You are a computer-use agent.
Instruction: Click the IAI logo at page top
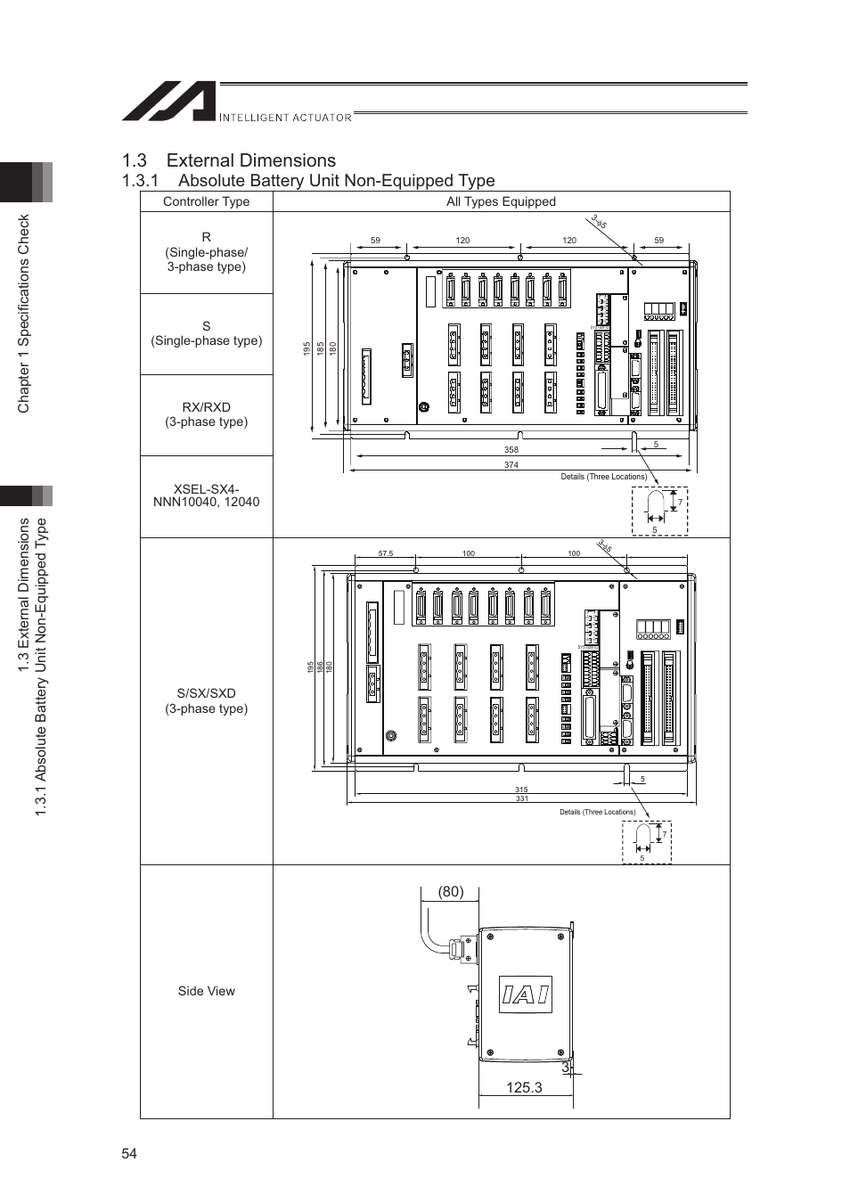coord(168,102)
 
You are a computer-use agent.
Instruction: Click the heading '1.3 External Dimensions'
coord(229,160)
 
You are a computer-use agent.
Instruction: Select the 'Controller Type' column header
coord(206,201)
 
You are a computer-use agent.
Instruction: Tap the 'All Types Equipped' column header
coord(501,201)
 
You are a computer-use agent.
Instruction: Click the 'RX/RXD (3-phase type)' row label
coord(206,414)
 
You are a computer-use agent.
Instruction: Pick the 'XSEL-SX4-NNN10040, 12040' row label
coord(206,495)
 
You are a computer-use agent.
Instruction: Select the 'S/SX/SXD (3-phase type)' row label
coord(206,700)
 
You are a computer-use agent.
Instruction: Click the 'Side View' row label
coord(206,991)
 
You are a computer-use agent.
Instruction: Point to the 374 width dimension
coord(511,465)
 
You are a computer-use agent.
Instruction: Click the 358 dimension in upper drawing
coord(511,450)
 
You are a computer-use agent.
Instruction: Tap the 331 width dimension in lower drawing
coord(521,798)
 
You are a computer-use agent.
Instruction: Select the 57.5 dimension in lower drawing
coord(385,553)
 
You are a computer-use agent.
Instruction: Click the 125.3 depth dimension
coord(524,1087)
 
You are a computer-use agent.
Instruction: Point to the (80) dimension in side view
coord(450,892)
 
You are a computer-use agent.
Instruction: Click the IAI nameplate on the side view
coord(525,994)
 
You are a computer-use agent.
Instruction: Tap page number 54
coord(130,1154)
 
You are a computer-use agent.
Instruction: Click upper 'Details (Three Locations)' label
coord(603,477)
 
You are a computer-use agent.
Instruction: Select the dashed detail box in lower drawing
coord(646,842)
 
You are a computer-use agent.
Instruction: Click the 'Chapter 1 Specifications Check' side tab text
coord(24,313)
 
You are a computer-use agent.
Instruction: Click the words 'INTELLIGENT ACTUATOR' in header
coord(285,117)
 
